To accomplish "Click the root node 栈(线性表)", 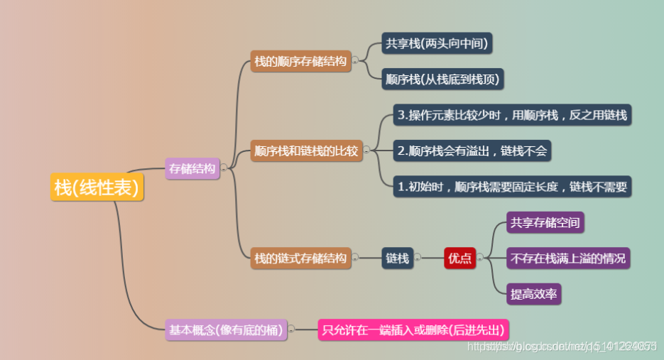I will click(97, 187).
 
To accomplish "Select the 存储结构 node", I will click(192, 168).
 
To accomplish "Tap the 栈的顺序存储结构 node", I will click(300, 62).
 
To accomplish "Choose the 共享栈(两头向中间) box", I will click(437, 43).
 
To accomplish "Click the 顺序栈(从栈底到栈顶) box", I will click(442, 80).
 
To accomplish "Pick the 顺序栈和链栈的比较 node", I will click(306, 151).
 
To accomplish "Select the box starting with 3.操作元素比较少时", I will click(512, 114).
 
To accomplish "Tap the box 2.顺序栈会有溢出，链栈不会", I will click(472, 151).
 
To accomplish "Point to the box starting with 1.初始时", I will click(512, 187).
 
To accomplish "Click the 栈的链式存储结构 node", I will click(300, 258).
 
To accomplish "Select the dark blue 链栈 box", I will click(398, 258).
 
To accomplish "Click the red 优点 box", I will click(459, 258).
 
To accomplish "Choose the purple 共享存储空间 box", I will click(545, 223).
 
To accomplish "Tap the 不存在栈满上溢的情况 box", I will click(568, 258).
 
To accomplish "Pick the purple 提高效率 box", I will click(534, 293).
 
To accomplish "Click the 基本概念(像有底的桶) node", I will click(226, 329).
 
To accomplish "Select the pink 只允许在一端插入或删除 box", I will click(413, 329).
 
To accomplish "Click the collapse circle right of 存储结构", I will click(224, 168).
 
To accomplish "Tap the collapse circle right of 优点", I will click(479, 258).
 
